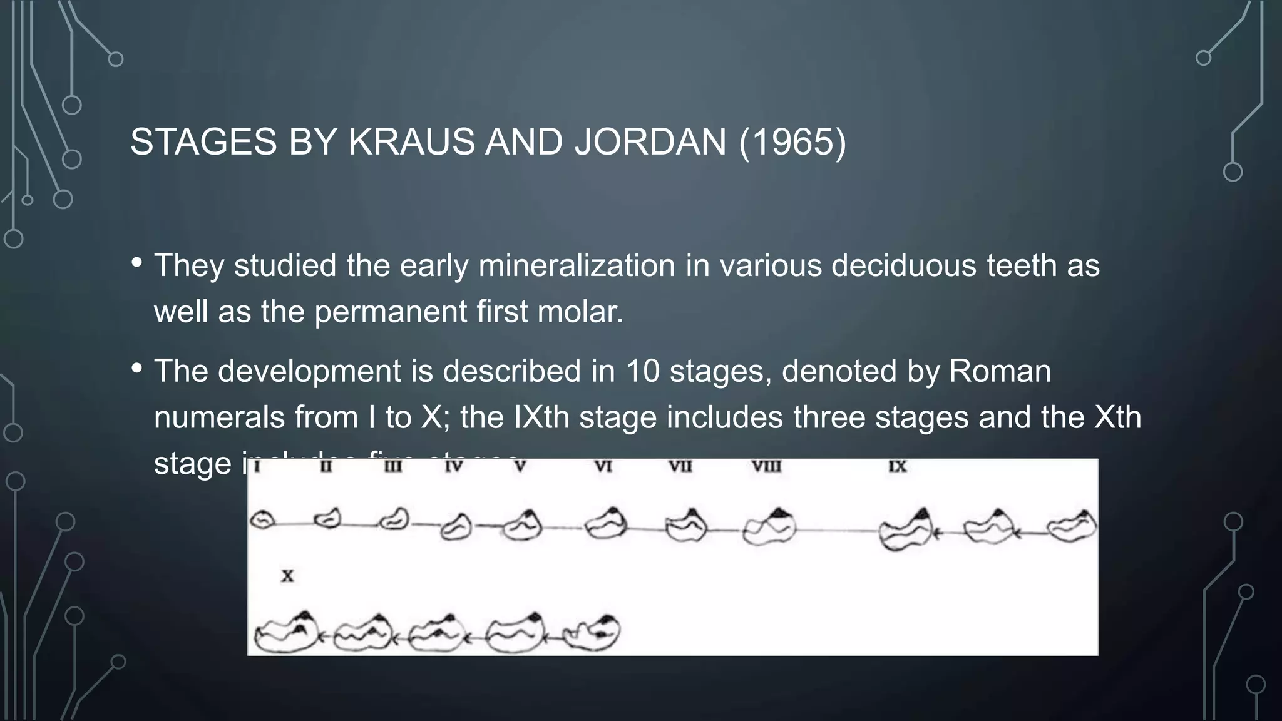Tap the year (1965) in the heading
point(792,141)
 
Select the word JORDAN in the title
point(650,141)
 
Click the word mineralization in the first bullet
point(577,265)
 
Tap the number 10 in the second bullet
point(643,371)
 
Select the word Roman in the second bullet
point(1000,371)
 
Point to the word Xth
point(1117,417)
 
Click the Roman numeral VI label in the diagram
point(603,467)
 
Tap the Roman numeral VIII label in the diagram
point(766,467)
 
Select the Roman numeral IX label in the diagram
point(897,467)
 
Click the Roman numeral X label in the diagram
point(287,576)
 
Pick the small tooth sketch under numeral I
point(262,521)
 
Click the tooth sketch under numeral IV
point(456,527)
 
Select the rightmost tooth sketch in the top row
point(1072,526)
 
